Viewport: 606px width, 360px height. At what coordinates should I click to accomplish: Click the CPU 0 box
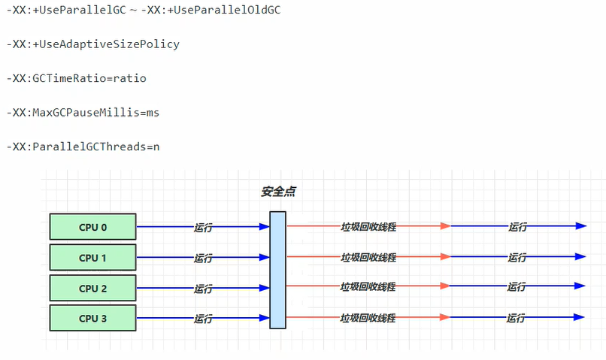92,227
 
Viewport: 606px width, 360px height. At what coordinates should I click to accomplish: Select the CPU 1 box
92,257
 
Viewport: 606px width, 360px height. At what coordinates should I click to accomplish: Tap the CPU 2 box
92,288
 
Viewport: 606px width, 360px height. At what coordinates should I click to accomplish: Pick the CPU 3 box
92,318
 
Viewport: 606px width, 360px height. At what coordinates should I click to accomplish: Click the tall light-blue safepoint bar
278,270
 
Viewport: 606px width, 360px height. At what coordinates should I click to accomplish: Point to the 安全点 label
278,192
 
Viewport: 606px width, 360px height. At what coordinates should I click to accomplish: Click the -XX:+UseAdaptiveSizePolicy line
93,44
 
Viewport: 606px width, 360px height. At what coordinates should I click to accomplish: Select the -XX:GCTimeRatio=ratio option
77,78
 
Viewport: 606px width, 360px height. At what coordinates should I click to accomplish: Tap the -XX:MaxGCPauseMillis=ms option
83,113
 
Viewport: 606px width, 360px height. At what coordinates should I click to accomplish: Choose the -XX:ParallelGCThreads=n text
83,147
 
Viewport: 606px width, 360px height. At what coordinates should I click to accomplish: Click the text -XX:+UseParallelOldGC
211,10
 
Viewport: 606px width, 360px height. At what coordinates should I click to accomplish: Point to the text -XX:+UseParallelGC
66,10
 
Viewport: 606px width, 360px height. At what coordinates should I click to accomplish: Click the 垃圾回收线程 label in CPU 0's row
368,227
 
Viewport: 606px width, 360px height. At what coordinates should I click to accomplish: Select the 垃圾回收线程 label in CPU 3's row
368,318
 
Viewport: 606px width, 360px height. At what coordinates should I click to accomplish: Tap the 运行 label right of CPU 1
203,258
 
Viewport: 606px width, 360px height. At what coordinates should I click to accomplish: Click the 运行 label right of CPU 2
203,288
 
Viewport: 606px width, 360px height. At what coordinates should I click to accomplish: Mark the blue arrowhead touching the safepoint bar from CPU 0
265,227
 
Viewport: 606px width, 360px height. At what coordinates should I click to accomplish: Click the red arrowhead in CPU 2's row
445,286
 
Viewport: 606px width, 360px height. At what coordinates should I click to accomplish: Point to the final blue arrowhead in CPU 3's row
579,317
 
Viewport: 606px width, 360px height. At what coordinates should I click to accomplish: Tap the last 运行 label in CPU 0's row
518,227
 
